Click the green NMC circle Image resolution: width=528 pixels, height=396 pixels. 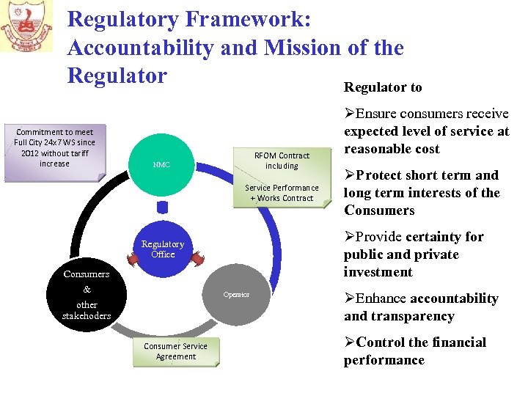(162, 166)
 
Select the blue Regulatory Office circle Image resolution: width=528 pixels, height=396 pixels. (163, 249)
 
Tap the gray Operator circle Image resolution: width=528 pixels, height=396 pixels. (237, 295)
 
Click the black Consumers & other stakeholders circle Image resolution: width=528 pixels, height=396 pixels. (87, 295)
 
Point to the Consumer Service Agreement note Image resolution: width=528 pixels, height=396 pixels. (175, 351)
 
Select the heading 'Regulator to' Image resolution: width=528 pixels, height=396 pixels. (383, 87)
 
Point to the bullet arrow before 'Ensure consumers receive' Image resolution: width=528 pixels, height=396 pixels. (349, 114)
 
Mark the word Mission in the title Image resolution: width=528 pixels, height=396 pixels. (298, 48)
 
